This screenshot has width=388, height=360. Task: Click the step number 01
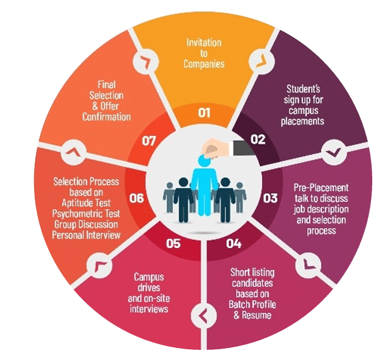(x=204, y=112)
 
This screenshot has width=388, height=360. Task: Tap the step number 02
(x=257, y=140)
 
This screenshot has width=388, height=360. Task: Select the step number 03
(x=270, y=198)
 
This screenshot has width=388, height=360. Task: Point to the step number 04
(x=233, y=244)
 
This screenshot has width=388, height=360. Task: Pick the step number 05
(x=173, y=244)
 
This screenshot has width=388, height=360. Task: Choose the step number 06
(x=136, y=198)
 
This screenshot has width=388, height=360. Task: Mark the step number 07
(x=149, y=141)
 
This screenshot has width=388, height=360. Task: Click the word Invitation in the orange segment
(x=204, y=42)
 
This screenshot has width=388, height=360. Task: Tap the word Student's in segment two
(x=303, y=88)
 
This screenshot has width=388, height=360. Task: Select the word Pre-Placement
(x=321, y=188)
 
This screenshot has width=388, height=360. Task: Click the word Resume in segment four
(x=256, y=315)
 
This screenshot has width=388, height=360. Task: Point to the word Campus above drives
(x=149, y=277)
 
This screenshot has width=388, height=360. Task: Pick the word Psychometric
(x=74, y=214)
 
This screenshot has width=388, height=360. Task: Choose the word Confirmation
(x=107, y=117)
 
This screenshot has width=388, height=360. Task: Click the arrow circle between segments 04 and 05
(x=204, y=316)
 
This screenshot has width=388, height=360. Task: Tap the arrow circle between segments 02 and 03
(x=334, y=152)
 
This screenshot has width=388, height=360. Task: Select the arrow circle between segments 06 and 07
(x=74, y=152)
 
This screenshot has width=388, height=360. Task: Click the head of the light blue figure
(x=204, y=160)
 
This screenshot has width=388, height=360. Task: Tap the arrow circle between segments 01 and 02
(x=262, y=61)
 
